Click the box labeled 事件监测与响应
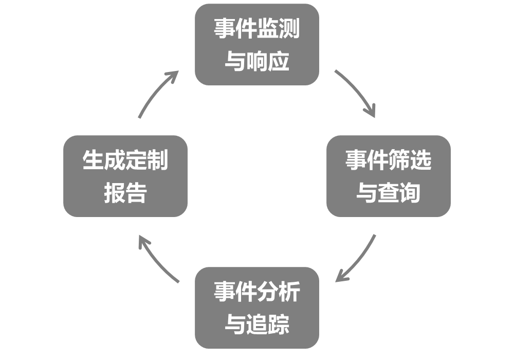[x=256, y=45]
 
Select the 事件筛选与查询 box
[x=388, y=176]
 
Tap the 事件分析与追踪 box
[x=256, y=308]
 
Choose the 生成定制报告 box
[x=125, y=176]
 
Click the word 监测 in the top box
[x=278, y=29]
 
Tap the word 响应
[x=268, y=62]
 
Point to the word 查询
[x=399, y=193]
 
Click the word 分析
[x=278, y=293]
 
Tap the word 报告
[x=125, y=193]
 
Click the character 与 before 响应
[x=235, y=62]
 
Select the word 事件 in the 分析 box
[x=235, y=293]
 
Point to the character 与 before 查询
[x=366, y=193]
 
